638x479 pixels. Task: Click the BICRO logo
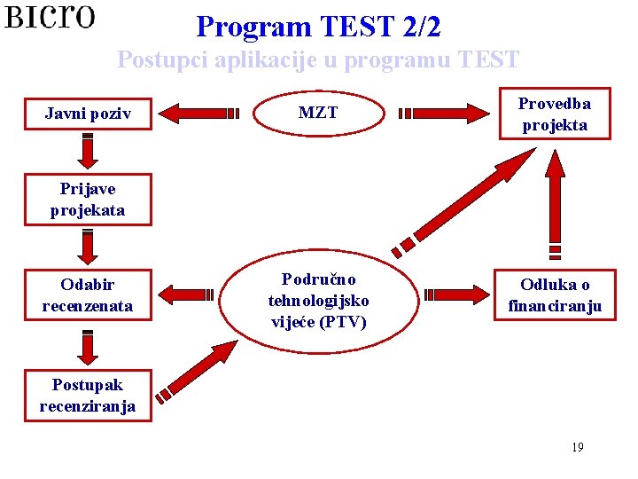coord(50,18)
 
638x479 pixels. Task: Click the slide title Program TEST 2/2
coord(318,27)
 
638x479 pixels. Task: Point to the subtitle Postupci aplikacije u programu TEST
coord(318,60)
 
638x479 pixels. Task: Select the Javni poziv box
coord(88,114)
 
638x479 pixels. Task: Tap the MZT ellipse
coord(318,114)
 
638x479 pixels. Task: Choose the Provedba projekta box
coord(555,114)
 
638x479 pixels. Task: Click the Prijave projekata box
coord(88,200)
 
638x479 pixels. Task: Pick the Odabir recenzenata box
coord(88,295)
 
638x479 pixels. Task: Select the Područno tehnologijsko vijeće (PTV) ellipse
coord(319,301)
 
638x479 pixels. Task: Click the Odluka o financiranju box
coord(555,295)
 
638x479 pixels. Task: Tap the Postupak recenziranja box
coord(88,396)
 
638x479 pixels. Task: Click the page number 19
coord(578,447)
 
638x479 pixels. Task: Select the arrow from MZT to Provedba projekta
coord(443,114)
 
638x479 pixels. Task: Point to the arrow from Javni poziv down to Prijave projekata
coord(88,152)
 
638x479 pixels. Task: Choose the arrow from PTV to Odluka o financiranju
coord(455,295)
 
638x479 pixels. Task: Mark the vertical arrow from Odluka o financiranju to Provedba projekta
coord(555,203)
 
